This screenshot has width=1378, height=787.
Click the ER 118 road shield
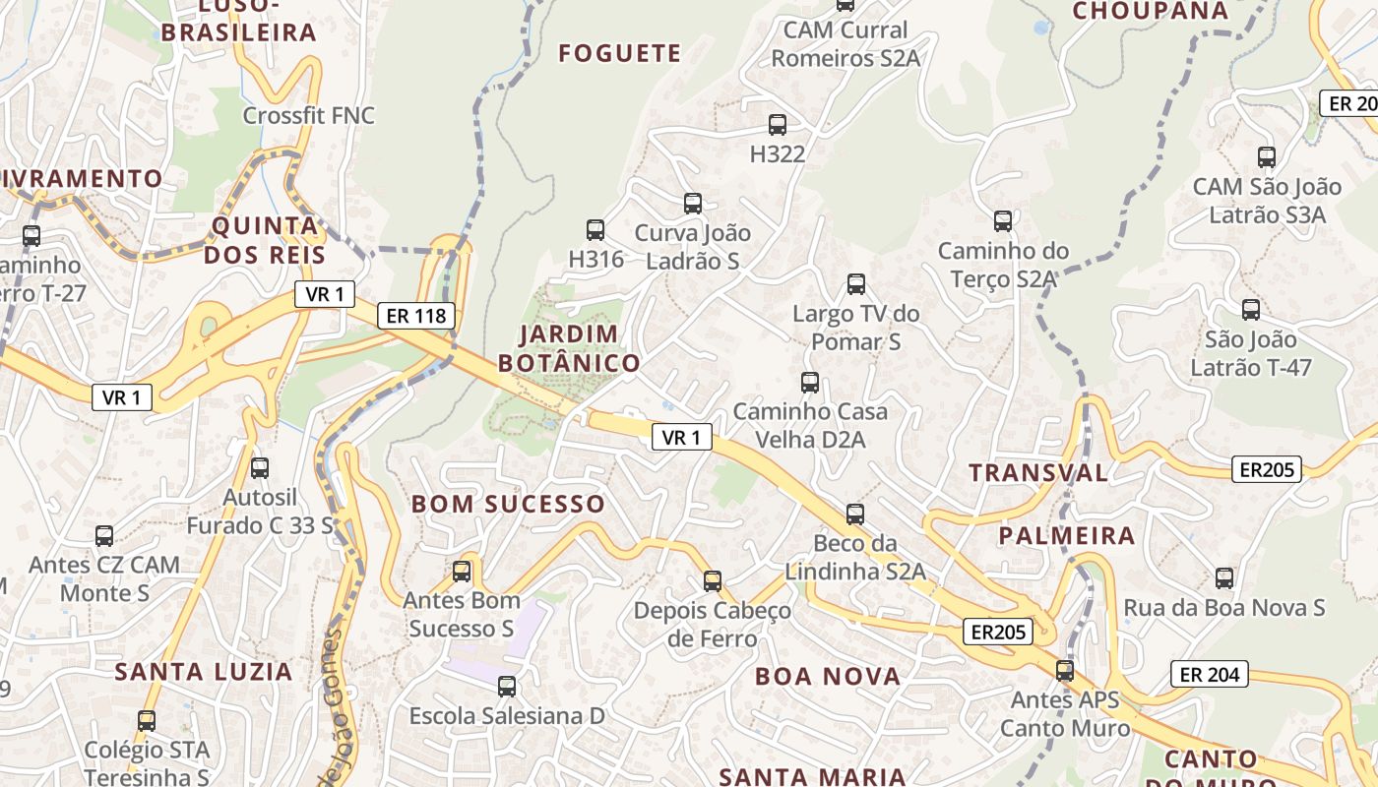pyautogui.click(x=416, y=316)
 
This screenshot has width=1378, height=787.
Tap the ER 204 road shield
pyautogui.click(x=1209, y=674)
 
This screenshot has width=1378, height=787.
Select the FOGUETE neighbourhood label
pyautogui.click(x=620, y=53)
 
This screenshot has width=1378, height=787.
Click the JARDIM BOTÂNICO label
pyautogui.click(x=569, y=348)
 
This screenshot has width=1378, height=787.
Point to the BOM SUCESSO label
pyautogui.click(x=508, y=504)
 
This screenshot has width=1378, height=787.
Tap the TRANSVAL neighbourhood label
pyautogui.click(x=1038, y=472)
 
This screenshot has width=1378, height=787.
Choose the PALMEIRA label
pyautogui.click(x=1067, y=536)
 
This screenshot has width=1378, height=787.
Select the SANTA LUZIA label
pyautogui.click(x=204, y=672)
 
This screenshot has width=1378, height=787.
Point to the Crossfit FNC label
pyautogui.click(x=309, y=116)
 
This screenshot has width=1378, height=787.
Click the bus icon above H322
pyautogui.click(x=778, y=125)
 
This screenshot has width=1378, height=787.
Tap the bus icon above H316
pyautogui.click(x=595, y=230)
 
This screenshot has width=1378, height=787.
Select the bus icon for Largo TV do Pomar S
pyautogui.click(x=856, y=284)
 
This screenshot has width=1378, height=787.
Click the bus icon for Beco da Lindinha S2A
pyautogui.click(x=855, y=515)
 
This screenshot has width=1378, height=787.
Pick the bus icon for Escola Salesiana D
pyautogui.click(x=507, y=687)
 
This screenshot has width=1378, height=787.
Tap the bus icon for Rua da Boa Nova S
pyautogui.click(x=1224, y=578)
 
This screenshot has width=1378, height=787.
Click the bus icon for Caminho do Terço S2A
pyautogui.click(x=1003, y=221)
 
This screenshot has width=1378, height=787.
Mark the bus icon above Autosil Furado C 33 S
pyautogui.click(x=260, y=468)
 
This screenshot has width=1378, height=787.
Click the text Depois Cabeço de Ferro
pyautogui.click(x=712, y=625)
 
